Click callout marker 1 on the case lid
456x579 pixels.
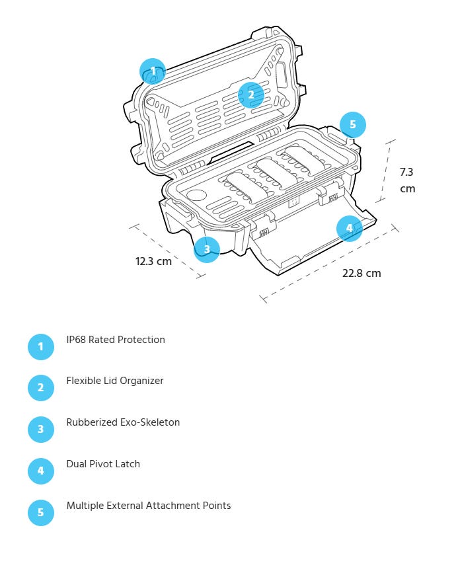(153, 71)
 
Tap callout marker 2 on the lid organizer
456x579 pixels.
(251, 95)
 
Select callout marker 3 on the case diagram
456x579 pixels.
(207, 249)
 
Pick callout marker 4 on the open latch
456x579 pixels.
(349, 229)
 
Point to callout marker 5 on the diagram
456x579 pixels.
(353, 124)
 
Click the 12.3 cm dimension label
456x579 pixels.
(153, 261)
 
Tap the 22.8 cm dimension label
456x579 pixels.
(361, 273)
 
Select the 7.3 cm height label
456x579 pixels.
(407, 180)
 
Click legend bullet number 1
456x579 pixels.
(40, 346)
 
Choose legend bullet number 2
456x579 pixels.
(40, 387)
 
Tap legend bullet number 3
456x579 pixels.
(40, 429)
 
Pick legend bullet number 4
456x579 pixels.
(40, 471)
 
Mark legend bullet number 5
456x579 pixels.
(40, 512)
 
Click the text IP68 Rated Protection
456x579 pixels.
(116, 340)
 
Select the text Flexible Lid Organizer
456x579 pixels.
(114, 381)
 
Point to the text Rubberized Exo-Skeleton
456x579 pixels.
(123, 422)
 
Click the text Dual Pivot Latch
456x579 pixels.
(103, 464)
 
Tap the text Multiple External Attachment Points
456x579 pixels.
(149, 506)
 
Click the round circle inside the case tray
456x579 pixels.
(197, 196)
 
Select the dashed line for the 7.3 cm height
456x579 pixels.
(387, 170)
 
